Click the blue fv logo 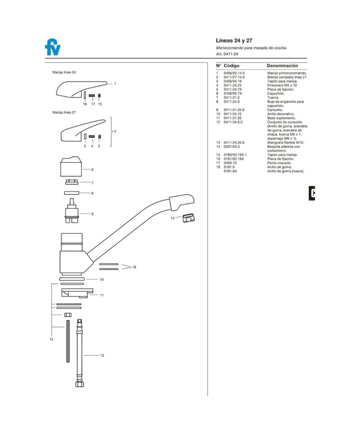tap(53, 47)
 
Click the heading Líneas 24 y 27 tap(234, 40)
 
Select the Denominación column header tap(282, 66)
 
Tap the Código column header tap(231, 66)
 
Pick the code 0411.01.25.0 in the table tap(234, 110)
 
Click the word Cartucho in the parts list tap(275, 110)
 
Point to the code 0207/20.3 tap(232, 147)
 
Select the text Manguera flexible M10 tap(286, 143)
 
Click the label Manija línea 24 tap(64, 72)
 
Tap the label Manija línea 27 tap(64, 112)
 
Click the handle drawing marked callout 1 tap(81, 88)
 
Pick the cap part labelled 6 tap(71, 166)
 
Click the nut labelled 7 tap(72, 182)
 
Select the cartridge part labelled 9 tap(72, 211)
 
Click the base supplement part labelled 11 tap(77, 293)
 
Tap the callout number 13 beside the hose tap(102, 355)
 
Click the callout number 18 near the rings tap(134, 267)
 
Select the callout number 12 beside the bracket tap(51, 339)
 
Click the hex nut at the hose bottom tap(80, 384)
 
